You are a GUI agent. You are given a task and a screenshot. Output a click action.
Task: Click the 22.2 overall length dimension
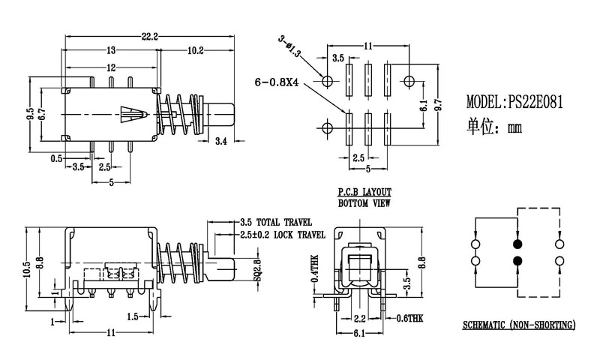tap(149, 36)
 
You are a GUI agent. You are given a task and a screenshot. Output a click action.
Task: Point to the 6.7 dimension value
tap(43, 113)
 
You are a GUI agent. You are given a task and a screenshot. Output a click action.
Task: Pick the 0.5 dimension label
tap(56, 158)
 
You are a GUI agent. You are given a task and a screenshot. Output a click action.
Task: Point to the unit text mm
tap(514, 128)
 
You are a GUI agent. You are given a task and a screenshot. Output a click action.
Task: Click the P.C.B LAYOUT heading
tap(364, 192)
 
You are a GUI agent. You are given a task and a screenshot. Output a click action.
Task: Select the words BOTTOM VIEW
tap(364, 202)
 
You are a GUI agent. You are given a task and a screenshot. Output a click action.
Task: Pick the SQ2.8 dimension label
tap(256, 268)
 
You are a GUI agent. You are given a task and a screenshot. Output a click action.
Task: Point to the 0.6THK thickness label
tap(409, 318)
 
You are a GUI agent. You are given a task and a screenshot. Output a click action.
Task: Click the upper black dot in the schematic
tap(516, 244)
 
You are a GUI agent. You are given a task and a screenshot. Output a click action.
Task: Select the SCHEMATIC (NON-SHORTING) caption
tap(518, 325)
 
